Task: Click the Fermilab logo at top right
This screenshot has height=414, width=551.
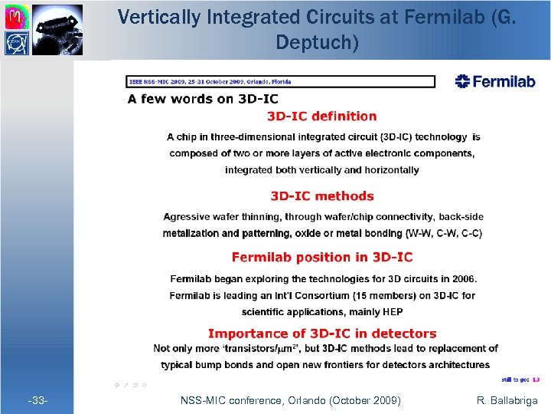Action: tap(495, 81)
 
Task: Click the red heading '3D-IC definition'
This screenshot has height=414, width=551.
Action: tap(321, 117)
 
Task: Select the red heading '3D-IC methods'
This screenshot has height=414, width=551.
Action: tap(321, 196)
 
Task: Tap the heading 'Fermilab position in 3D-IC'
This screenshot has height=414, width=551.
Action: tap(321, 258)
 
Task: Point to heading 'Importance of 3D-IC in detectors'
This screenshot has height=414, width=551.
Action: tap(321, 333)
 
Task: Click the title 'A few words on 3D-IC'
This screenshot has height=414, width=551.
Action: tap(203, 98)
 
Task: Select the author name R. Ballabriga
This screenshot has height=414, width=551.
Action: tap(507, 400)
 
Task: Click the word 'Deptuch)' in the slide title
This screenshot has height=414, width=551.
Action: tap(317, 43)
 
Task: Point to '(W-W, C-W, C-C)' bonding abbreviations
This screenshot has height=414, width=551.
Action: tap(444, 233)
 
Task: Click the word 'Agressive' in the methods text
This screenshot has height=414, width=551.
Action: tap(186, 217)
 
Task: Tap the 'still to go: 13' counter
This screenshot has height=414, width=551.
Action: tap(520, 379)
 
